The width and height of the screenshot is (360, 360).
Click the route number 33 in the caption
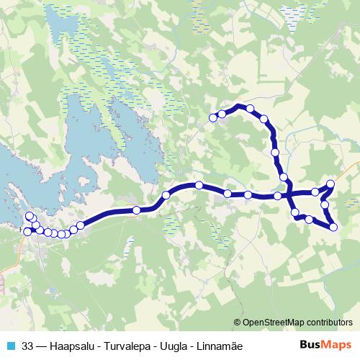28,346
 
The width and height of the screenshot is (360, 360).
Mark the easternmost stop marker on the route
333,227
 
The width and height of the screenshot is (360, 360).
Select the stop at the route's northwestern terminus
212,117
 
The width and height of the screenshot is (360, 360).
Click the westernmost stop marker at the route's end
27,231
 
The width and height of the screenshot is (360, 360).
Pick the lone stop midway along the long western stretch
136,210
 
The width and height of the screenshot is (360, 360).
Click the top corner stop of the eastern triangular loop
331,184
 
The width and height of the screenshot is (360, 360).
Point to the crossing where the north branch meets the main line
287,194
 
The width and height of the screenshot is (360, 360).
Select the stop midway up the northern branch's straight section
274,152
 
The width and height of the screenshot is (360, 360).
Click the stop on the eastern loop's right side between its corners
325,205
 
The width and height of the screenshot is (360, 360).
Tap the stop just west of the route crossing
278,196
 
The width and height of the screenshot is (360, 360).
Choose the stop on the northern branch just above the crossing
284,177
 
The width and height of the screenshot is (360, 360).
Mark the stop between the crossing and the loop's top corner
315,192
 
